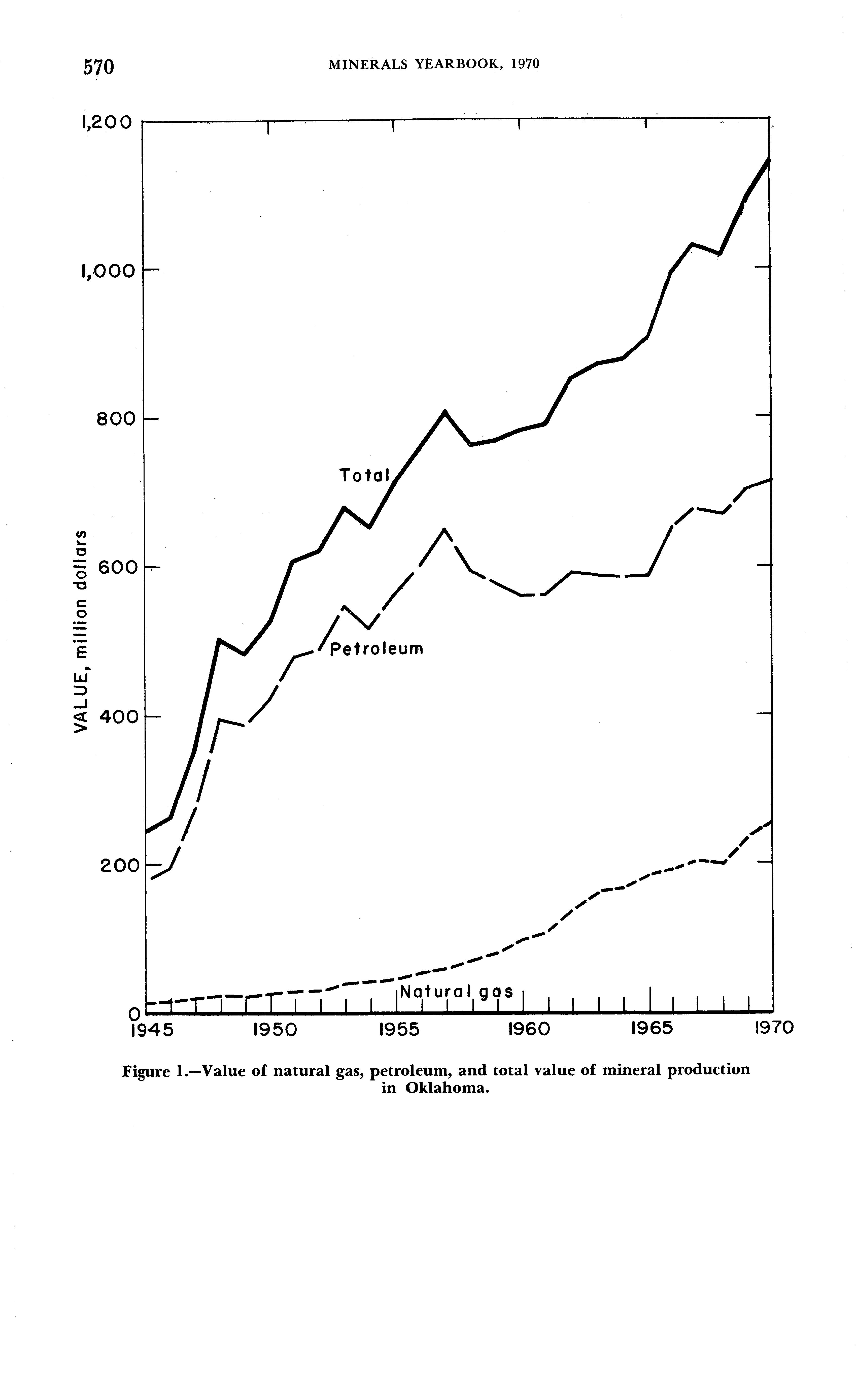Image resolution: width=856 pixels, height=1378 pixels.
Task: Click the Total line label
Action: pos(365,475)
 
